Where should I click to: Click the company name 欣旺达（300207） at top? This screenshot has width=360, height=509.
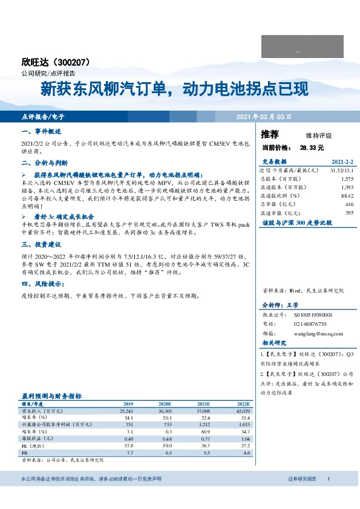point(55,62)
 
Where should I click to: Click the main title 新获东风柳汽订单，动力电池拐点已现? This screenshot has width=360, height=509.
point(174,89)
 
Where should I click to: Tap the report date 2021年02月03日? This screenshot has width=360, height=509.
point(263,116)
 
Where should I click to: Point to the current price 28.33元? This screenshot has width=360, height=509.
point(312,148)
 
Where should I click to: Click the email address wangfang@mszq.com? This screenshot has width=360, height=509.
point(318,333)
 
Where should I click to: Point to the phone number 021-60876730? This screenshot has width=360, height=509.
point(310,324)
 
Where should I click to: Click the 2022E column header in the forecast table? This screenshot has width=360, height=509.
point(243,403)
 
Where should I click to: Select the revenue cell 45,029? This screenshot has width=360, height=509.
point(243,410)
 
